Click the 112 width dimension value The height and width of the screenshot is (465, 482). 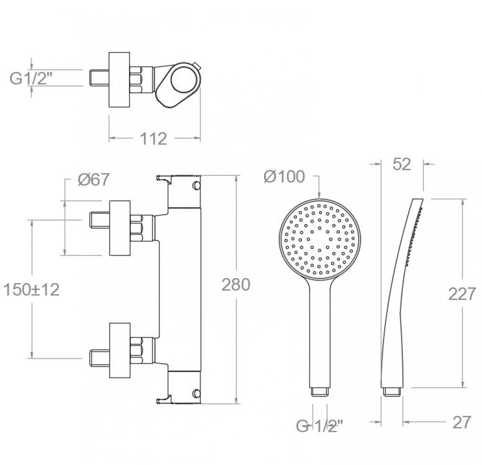coord(153,139)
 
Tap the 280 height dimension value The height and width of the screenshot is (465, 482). coord(236,285)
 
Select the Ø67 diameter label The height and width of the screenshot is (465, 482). coord(93,179)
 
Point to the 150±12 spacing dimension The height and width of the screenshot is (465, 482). coord(31,289)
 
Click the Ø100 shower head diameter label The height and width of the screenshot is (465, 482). coord(284,177)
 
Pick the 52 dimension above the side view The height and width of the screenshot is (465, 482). coord(402,164)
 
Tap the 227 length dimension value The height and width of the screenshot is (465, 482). coord(462,294)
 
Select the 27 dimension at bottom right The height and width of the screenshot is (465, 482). coord(462,422)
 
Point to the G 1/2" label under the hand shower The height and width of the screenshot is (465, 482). coord(319,426)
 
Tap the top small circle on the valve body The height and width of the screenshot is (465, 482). coord(196,185)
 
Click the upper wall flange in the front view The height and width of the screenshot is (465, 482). coord(120,228)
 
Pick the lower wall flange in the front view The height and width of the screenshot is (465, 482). coord(120,350)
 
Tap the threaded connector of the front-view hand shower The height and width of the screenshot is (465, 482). coord(320,392)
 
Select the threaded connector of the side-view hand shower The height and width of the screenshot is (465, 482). coord(392,392)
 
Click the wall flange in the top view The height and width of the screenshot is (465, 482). coord(119,80)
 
